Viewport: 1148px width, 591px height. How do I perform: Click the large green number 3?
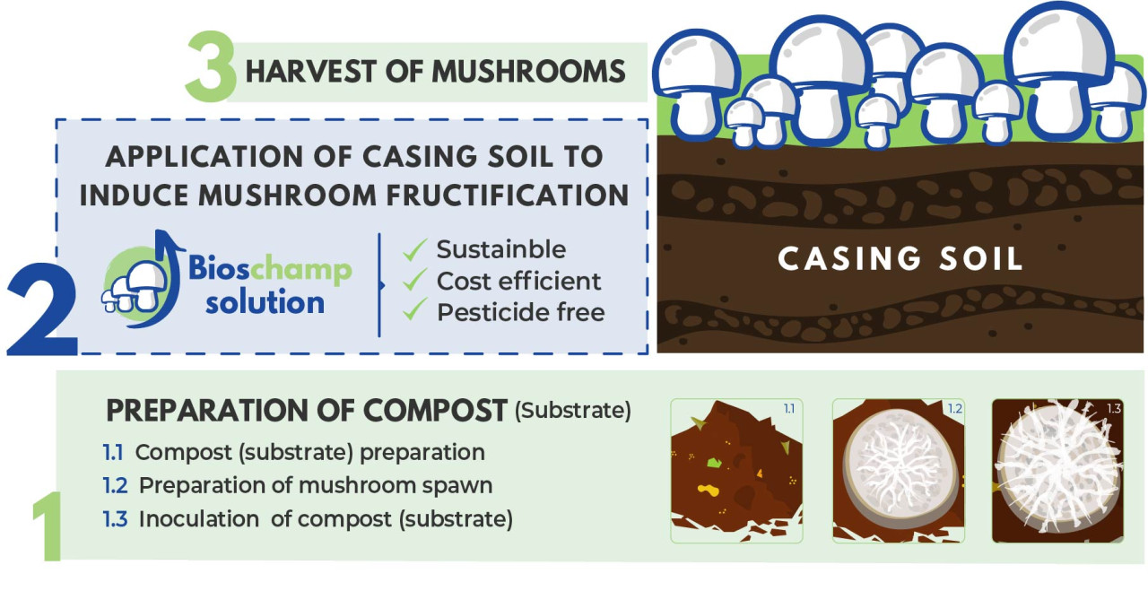point(211,66)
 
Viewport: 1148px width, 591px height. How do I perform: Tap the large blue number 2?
point(42,309)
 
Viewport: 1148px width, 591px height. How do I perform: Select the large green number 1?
point(48,526)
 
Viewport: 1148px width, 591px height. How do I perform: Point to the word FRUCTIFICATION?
point(508,196)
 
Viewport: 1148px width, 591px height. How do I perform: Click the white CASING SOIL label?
point(900,258)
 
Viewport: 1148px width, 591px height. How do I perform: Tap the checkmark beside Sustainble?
point(414,249)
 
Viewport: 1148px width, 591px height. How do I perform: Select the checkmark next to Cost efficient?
point(414,280)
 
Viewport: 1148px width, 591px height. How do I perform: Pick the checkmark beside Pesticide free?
point(414,309)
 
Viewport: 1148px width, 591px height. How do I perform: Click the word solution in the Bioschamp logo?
point(265,302)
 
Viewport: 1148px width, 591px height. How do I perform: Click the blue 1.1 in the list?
point(113,453)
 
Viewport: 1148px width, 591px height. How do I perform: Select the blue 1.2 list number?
point(115,485)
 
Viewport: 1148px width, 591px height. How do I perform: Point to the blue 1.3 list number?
point(115,518)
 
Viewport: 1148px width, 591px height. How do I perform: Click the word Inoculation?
point(199,518)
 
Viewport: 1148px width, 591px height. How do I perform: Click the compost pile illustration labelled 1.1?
point(736,471)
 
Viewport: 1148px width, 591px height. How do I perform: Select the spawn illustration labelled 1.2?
point(899,471)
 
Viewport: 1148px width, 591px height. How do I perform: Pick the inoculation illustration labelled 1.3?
point(1058,471)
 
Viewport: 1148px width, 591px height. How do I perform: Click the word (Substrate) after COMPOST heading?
point(573,411)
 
